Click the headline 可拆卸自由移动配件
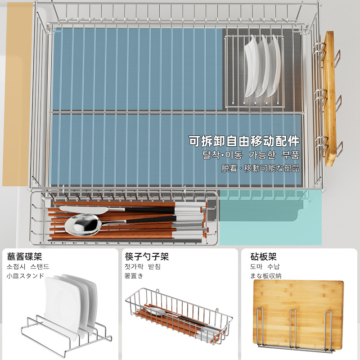tap(244, 141)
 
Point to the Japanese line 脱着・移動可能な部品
tap(260, 169)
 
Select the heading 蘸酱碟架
tap(25, 257)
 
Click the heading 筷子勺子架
tap(147, 257)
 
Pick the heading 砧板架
tap(263, 257)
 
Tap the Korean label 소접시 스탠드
tap(27, 266)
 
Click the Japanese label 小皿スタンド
tap(25, 276)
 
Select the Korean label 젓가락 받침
tap(143, 266)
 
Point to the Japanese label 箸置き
tap(134, 276)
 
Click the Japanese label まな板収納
tap(265, 276)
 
